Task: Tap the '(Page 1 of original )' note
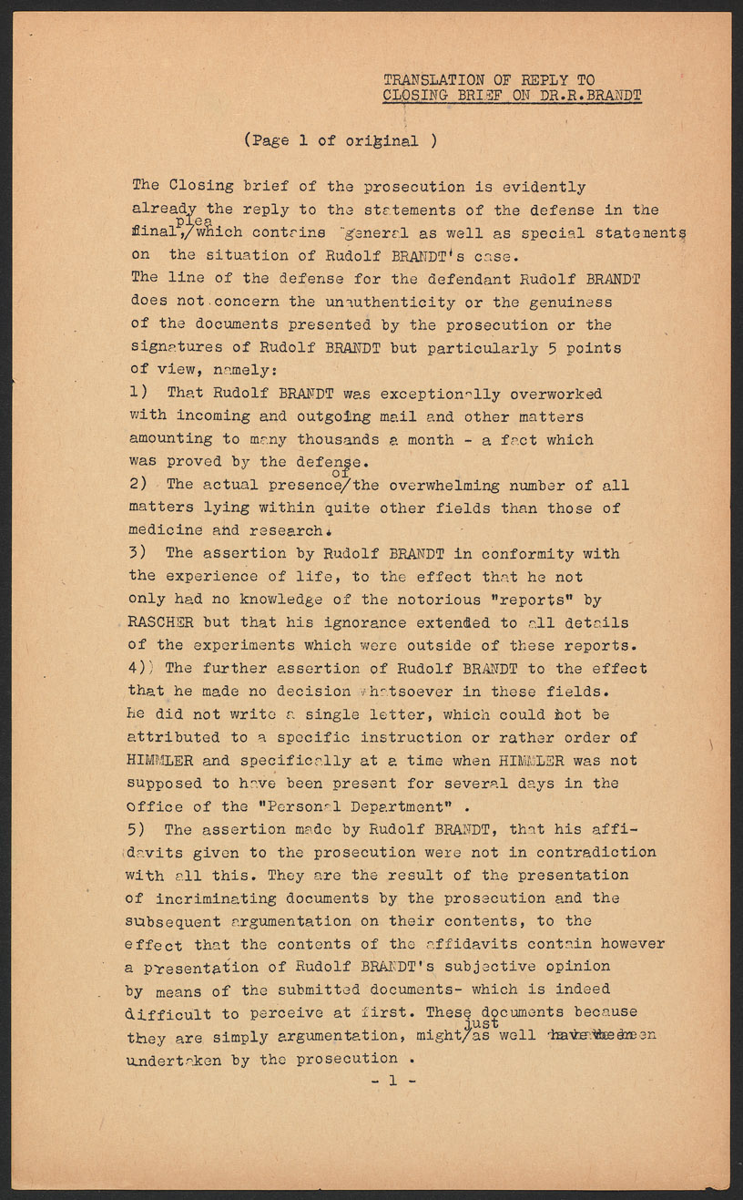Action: pos(340,140)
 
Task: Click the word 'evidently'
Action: pos(544,187)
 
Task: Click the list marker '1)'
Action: pos(138,394)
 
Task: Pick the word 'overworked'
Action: pos(555,394)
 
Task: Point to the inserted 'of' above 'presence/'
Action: pos(342,472)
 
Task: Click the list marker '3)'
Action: pos(138,553)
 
